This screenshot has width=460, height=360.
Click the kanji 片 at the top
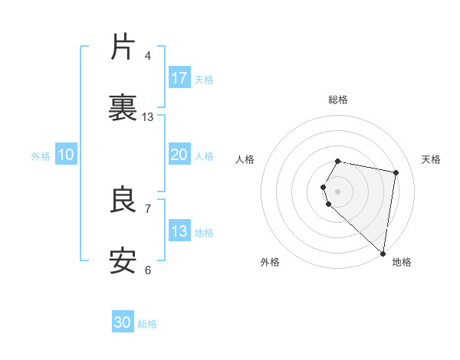[x=123, y=47]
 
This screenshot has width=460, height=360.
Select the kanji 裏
[x=123, y=107]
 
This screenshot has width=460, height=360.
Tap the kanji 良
[x=123, y=200]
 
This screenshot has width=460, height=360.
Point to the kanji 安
[x=123, y=260]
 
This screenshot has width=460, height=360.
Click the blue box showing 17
[x=179, y=77]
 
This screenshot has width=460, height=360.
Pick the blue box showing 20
[x=179, y=155]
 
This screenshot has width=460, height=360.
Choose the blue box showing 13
[x=179, y=231]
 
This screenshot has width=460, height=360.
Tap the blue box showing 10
[x=66, y=155]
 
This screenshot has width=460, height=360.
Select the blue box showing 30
[x=123, y=322]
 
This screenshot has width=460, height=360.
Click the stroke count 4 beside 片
[x=148, y=55]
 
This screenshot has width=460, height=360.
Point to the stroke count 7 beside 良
[x=148, y=208]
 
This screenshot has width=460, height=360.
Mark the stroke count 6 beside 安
[x=148, y=269]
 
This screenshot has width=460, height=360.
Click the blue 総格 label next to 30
[x=147, y=324]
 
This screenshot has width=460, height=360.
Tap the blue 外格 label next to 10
[x=41, y=156]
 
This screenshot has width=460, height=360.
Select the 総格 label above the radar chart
[x=338, y=100]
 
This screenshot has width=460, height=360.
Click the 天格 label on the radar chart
[x=431, y=159]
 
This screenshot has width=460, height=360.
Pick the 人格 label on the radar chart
[x=245, y=159]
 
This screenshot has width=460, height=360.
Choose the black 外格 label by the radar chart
[x=270, y=262]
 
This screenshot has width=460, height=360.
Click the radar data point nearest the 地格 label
[x=383, y=253]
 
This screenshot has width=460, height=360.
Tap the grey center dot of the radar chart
[x=338, y=190]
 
